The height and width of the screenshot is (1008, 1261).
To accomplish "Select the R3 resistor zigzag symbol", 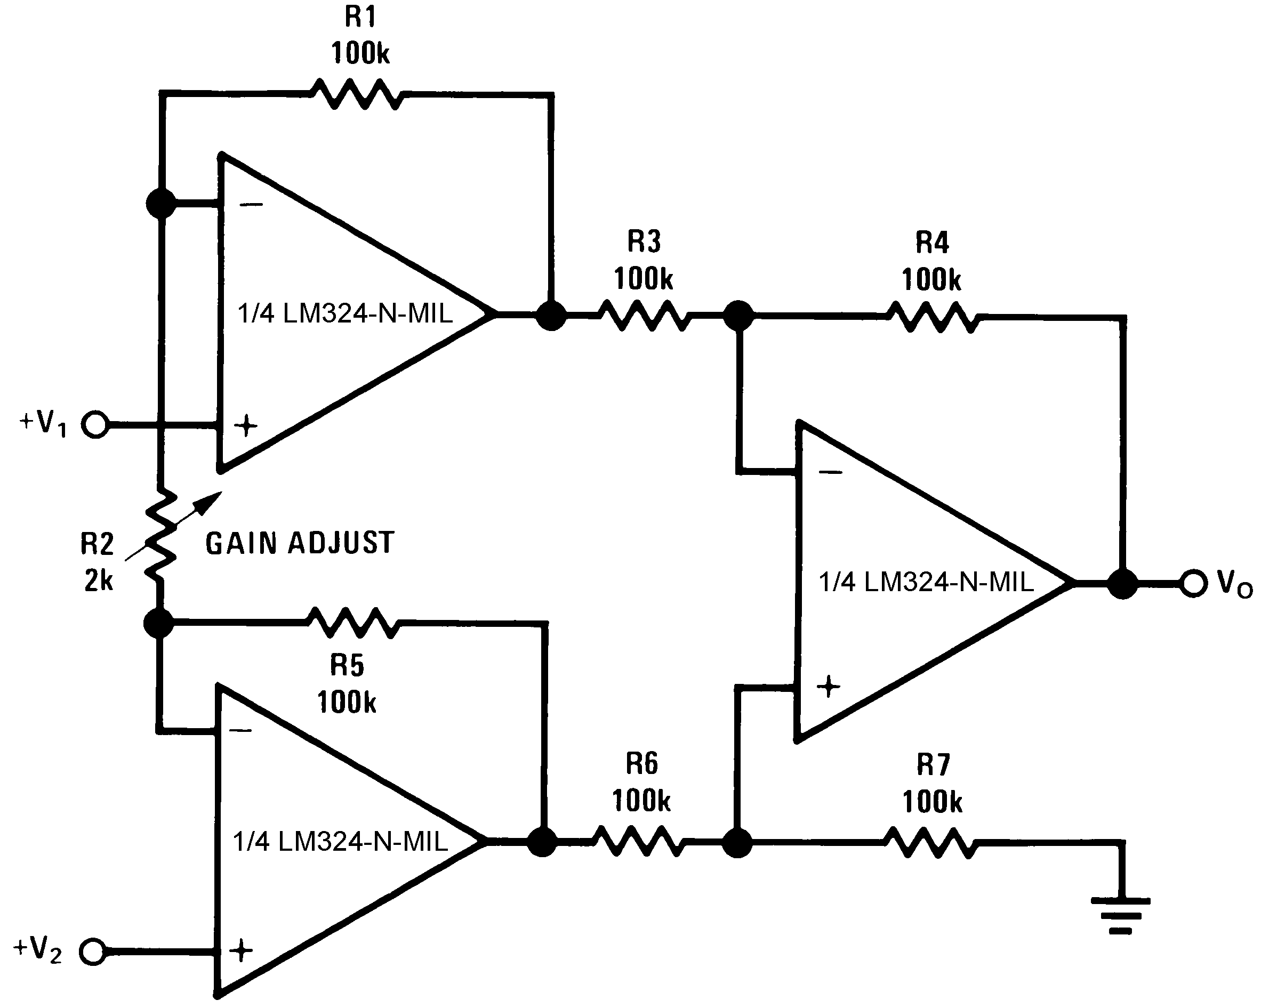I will [x=644, y=316].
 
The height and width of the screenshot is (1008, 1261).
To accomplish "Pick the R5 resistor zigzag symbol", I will [x=352, y=623].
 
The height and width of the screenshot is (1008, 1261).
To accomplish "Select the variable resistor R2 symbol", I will [x=160, y=535].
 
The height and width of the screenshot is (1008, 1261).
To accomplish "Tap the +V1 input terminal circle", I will [x=95, y=424].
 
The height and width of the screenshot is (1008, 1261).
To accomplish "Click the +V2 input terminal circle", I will [x=92, y=951].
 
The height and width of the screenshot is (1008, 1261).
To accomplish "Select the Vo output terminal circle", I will [x=1193, y=584].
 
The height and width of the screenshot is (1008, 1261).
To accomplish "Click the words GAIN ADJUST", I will [x=300, y=543].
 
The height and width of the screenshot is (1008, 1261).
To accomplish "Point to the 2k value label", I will [x=98, y=580].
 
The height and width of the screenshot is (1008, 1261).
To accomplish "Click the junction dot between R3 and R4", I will [x=738, y=316].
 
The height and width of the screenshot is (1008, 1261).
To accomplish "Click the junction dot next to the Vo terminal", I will [x=1122, y=584].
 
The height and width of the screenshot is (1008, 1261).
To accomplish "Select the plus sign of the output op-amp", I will [x=828, y=687].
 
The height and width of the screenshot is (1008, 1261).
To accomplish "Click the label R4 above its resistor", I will [x=933, y=243].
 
